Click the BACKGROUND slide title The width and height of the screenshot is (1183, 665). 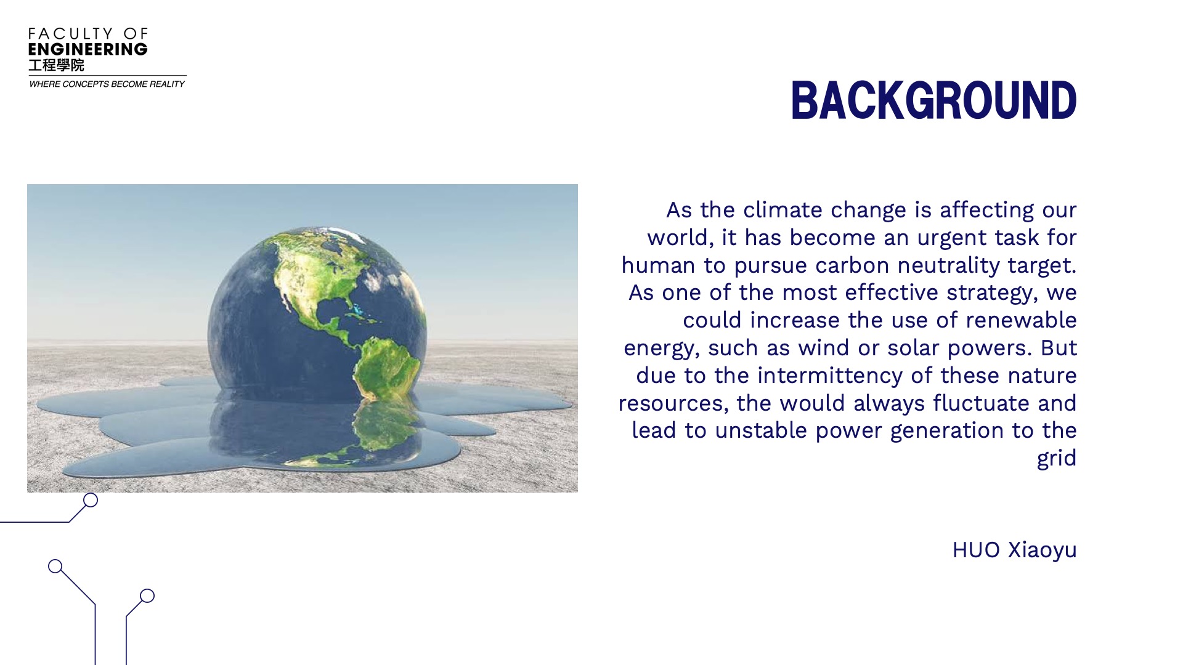(x=933, y=100)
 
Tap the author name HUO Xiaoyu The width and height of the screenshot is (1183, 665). (x=1014, y=550)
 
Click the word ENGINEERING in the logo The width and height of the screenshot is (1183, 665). (x=87, y=49)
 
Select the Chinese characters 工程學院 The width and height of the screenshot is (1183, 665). (x=56, y=65)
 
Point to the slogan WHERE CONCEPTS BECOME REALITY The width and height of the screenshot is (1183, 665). (x=107, y=84)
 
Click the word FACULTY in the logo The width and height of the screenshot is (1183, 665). (x=70, y=33)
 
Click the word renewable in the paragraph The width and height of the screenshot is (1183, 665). (x=1021, y=320)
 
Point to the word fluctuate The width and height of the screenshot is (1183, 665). (x=981, y=403)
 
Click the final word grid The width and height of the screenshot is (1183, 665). (x=1057, y=459)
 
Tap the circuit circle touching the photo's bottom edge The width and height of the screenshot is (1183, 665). (x=91, y=500)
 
